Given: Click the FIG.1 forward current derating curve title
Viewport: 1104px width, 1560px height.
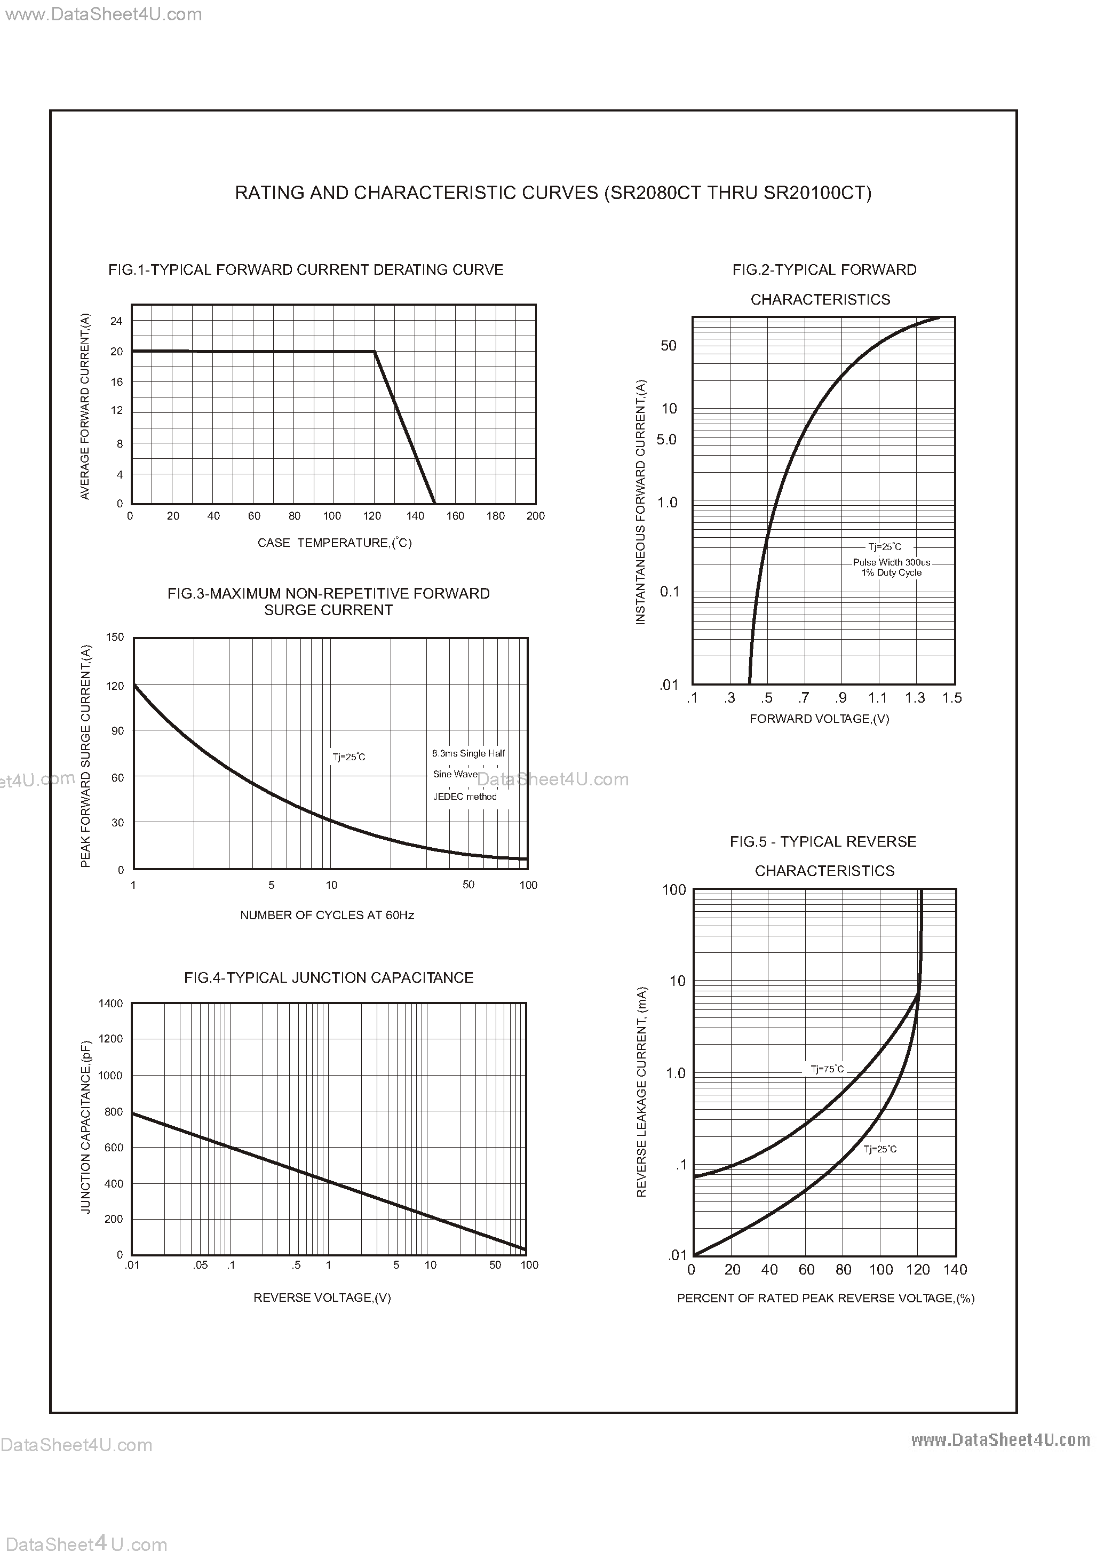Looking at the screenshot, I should pos(305,270).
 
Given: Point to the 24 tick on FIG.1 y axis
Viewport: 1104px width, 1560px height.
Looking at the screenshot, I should pos(116,321).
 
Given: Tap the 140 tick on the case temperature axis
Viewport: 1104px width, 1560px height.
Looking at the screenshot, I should pos(415,516).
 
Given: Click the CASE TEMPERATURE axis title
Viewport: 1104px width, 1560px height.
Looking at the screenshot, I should pos(335,543).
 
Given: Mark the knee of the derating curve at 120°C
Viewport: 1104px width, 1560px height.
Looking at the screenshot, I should pos(375,352).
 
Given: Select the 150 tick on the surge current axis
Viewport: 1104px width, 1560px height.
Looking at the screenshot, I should pos(115,637).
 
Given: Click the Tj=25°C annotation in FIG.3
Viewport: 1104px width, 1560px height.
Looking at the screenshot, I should pos(349,757).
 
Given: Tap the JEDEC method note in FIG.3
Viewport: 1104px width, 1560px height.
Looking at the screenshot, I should pos(465,796).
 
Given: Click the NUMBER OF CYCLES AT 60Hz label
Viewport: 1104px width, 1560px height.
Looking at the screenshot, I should pos(327,915).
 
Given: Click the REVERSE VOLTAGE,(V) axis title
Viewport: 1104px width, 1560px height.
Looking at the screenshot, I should pos(322,1298).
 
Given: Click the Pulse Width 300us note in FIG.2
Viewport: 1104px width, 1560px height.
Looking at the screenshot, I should pos(891,562).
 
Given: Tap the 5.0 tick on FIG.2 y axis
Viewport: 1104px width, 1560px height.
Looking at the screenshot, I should pos(666,440).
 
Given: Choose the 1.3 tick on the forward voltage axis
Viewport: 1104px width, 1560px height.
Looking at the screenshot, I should pos(915,697).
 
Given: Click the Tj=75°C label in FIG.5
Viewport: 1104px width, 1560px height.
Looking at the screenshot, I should pos(827,1069).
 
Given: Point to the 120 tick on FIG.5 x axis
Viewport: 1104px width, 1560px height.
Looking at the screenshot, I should pos(918,1269).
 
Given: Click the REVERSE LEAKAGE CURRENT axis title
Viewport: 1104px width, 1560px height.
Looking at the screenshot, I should pos(641,1092).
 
